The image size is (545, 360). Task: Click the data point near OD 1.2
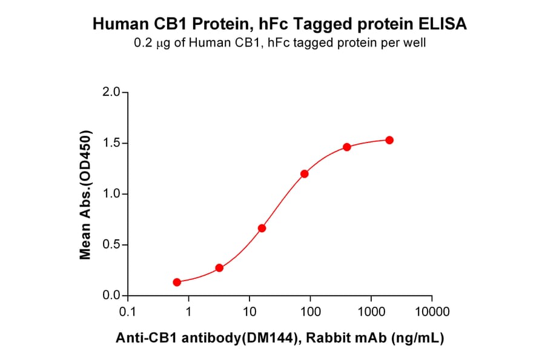305,174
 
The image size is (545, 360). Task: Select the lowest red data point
177,282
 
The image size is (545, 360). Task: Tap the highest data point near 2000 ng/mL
389,140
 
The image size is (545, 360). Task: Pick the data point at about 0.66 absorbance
262,228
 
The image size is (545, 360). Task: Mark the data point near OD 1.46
347,147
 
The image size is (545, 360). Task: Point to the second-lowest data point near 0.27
219,268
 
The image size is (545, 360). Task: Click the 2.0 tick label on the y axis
111,93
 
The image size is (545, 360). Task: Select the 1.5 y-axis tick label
111,144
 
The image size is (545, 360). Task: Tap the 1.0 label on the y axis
111,195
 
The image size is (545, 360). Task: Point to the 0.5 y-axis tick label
111,245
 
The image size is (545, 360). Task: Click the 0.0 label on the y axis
111,296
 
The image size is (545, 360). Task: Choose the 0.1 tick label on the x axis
128,312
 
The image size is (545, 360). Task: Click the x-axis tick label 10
249,312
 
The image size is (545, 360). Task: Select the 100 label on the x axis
310,312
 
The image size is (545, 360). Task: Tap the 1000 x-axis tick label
371,312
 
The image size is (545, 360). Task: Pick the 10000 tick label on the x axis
432,312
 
